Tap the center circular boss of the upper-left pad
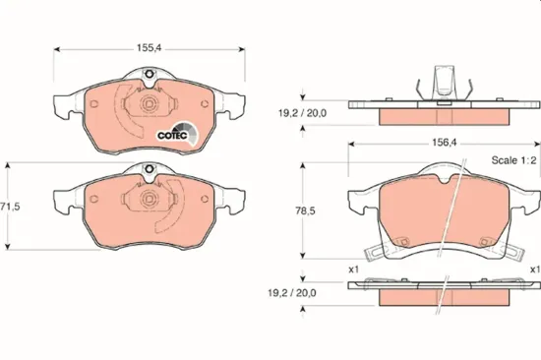point(147,104)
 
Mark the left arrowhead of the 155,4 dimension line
point(56,46)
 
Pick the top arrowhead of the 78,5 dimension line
point(303,164)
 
